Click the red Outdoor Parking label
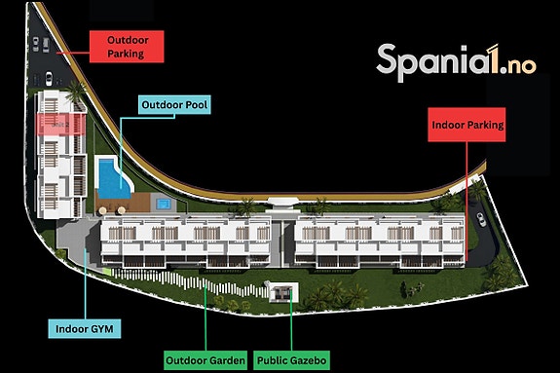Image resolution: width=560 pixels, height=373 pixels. [127, 47]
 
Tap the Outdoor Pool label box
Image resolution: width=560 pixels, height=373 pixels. [174, 104]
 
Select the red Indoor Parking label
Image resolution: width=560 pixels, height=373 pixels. [467, 125]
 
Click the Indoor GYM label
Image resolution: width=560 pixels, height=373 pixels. [85, 329]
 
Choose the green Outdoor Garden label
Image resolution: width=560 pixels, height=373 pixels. [205, 360]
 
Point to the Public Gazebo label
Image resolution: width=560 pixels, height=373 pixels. [292, 360]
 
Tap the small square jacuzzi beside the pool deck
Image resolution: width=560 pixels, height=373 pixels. [164, 204]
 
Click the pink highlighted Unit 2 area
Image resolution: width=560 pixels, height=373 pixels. [61, 125]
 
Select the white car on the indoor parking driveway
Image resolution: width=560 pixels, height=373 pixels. [481, 219]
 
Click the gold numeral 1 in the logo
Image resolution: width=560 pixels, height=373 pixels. [492, 59]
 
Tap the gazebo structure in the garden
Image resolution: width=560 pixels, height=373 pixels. [283, 292]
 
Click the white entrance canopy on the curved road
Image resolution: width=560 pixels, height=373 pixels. [282, 202]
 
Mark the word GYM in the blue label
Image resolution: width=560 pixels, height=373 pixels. [101, 329]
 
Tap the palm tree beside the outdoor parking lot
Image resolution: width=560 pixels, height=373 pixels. [75, 91]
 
